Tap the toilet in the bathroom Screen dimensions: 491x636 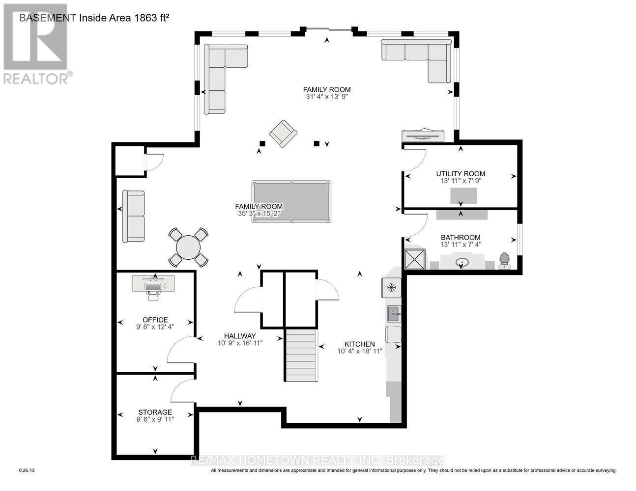505,260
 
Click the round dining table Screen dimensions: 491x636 188,247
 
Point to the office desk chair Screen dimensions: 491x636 153,295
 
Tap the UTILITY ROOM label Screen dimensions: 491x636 461,173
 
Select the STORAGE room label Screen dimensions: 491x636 155,412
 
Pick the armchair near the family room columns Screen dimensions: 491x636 283,133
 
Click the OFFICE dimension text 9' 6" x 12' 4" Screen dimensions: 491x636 155,327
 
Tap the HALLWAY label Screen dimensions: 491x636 240,336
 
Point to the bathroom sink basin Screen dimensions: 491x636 462,262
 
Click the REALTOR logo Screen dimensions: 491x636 35,44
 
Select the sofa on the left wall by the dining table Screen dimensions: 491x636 133,216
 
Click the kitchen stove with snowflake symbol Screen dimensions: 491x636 392,287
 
